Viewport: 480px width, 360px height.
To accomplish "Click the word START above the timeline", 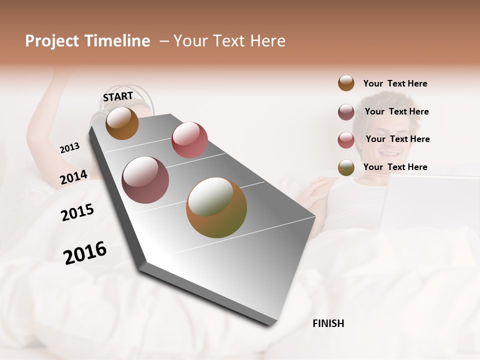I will pyautogui.click(x=118, y=96).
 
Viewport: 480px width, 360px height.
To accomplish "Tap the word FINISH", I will pyautogui.click(x=328, y=323).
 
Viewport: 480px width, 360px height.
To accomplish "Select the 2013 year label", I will pyautogui.click(x=69, y=148).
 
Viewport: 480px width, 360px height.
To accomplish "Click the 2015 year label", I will pyautogui.click(x=77, y=212).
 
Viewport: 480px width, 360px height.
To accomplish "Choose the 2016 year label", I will pyautogui.click(x=85, y=252).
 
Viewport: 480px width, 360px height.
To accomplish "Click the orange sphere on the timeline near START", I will pyautogui.click(x=122, y=123).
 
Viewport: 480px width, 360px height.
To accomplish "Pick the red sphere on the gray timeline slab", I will pyautogui.click(x=189, y=140).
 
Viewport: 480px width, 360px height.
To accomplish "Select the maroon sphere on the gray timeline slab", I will pyautogui.click(x=145, y=180).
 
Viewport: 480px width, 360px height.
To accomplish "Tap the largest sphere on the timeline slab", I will pyautogui.click(x=216, y=207).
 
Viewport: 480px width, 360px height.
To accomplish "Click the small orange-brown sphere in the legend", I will pyautogui.click(x=346, y=83).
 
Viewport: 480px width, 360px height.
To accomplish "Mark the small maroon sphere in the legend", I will pyautogui.click(x=346, y=112).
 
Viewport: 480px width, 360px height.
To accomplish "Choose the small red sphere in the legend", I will pyautogui.click(x=346, y=140).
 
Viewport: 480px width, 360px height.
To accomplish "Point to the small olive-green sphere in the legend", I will pyautogui.click(x=346, y=168).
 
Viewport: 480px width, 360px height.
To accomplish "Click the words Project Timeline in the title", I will pyautogui.click(x=87, y=41).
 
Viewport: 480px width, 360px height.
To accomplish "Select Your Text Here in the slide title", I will pyautogui.click(x=229, y=41).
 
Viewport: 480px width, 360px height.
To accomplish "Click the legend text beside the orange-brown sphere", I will pyautogui.click(x=395, y=83).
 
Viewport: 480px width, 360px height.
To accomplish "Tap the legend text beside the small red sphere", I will pyautogui.click(x=397, y=139).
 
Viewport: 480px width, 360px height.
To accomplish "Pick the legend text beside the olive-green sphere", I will pyautogui.click(x=395, y=167).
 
